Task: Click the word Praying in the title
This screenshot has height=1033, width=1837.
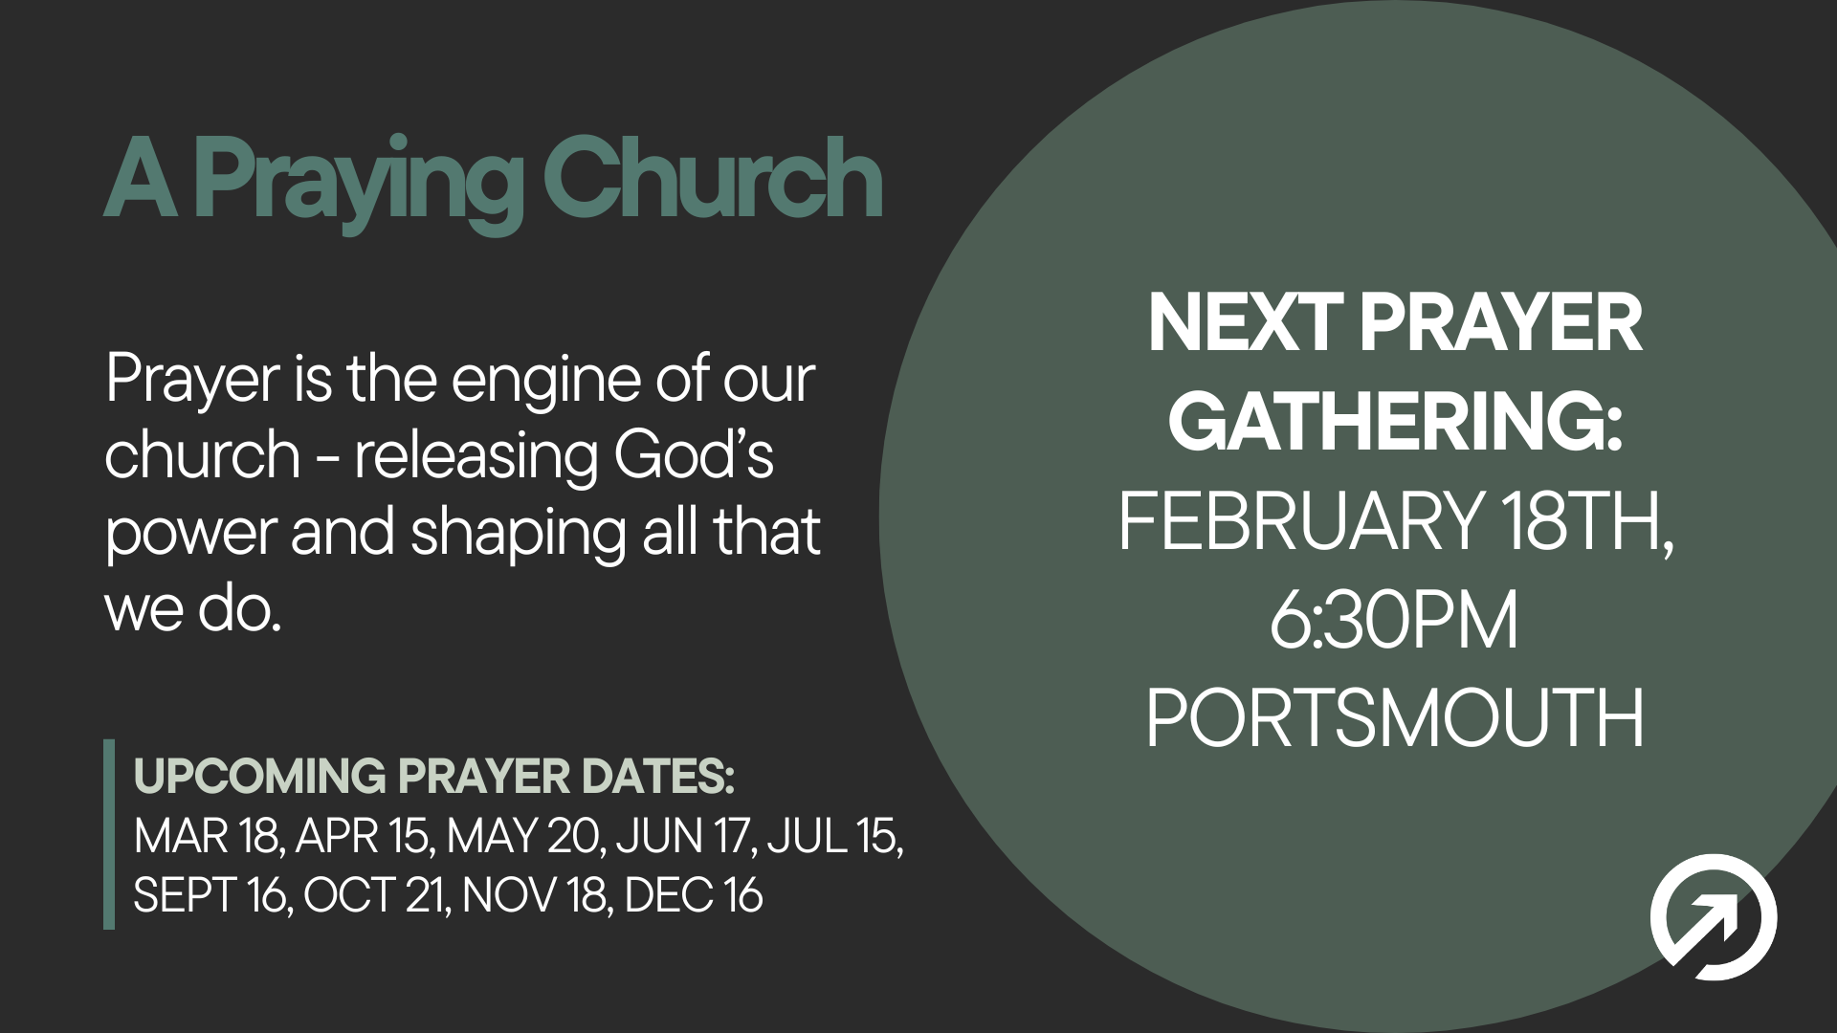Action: [359, 182]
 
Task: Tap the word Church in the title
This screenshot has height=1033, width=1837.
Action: [712, 178]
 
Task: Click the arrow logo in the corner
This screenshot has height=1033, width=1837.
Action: [1713, 917]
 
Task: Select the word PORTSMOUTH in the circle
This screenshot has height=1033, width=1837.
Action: [1394, 718]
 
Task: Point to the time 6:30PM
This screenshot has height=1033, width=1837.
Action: [1394, 621]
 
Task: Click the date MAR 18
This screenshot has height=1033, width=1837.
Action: [207, 836]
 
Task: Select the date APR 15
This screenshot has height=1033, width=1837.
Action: [364, 836]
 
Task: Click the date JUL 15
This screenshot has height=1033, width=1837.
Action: [832, 836]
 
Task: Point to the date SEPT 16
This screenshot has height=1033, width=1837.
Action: [211, 895]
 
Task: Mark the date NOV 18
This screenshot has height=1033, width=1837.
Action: [535, 895]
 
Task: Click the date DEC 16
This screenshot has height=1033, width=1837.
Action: [693, 895]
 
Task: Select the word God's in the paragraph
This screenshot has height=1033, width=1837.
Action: [693, 455]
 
